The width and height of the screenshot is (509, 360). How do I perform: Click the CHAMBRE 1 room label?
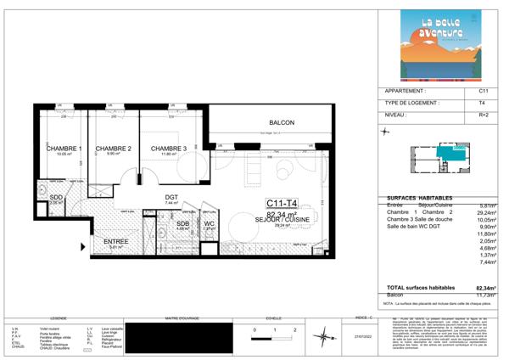[64, 149]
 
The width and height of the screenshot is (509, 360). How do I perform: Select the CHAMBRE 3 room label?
[169, 149]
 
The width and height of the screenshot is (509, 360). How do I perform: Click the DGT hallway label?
[171, 197]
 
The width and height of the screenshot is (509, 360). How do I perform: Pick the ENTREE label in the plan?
[116, 242]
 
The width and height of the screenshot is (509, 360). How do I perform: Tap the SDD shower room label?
[56, 198]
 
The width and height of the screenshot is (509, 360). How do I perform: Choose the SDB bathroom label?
[182, 223]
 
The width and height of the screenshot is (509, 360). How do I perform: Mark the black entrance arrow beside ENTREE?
[81, 246]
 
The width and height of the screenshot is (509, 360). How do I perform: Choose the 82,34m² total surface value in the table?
[484, 289]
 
